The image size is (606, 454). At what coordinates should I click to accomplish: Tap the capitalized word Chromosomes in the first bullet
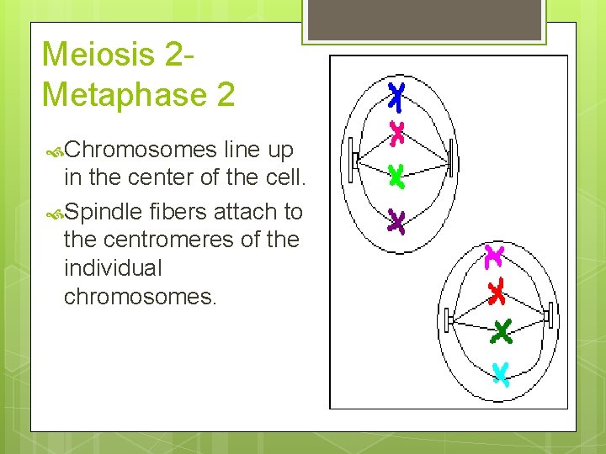point(140,150)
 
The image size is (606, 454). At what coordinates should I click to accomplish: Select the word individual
point(112,269)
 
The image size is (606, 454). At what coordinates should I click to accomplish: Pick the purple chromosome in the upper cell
point(396,222)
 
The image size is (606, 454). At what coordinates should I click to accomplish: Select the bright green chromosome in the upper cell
point(396,176)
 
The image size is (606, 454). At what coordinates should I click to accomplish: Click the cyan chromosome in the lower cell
point(501,372)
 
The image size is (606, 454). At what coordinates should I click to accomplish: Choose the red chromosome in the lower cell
point(497,291)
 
